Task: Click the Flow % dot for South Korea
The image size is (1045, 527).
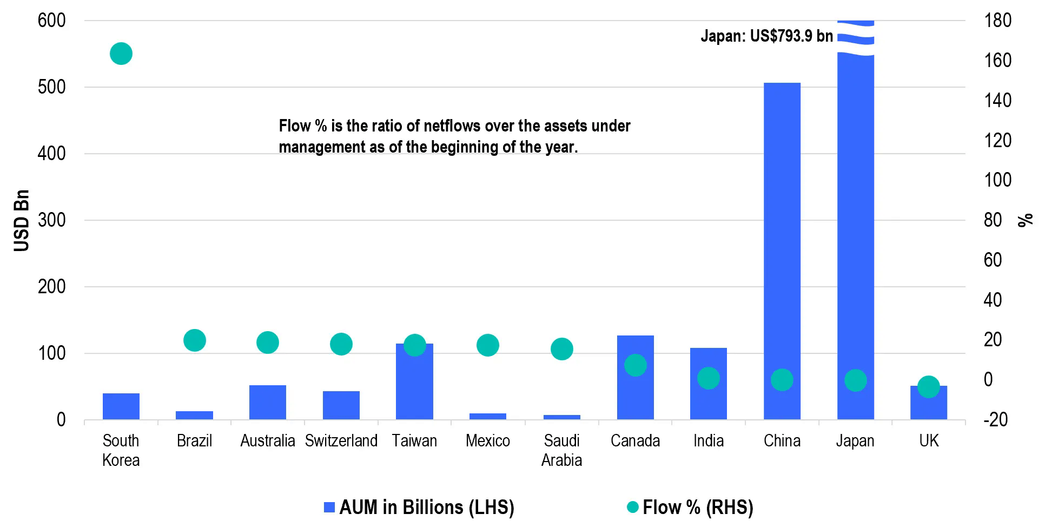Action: [121, 54]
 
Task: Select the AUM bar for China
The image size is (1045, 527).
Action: [782, 249]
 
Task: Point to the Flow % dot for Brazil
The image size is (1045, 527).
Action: [195, 340]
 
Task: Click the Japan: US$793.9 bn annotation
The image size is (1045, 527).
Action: [766, 36]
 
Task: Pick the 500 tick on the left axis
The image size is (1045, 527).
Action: [51, 87]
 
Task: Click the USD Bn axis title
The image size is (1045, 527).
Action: [22, 220]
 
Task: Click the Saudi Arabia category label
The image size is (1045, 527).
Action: [561, 450]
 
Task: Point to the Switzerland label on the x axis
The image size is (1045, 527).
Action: [341, 441]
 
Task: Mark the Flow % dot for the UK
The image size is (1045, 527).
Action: [929, 387]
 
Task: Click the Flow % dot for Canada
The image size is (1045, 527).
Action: [636, 366]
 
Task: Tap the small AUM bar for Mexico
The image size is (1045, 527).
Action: [488, 417]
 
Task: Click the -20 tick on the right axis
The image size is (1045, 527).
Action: [995, 420]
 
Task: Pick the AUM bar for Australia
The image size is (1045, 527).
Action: [268, 403]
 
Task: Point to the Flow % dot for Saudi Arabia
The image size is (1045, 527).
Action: [561, 349]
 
